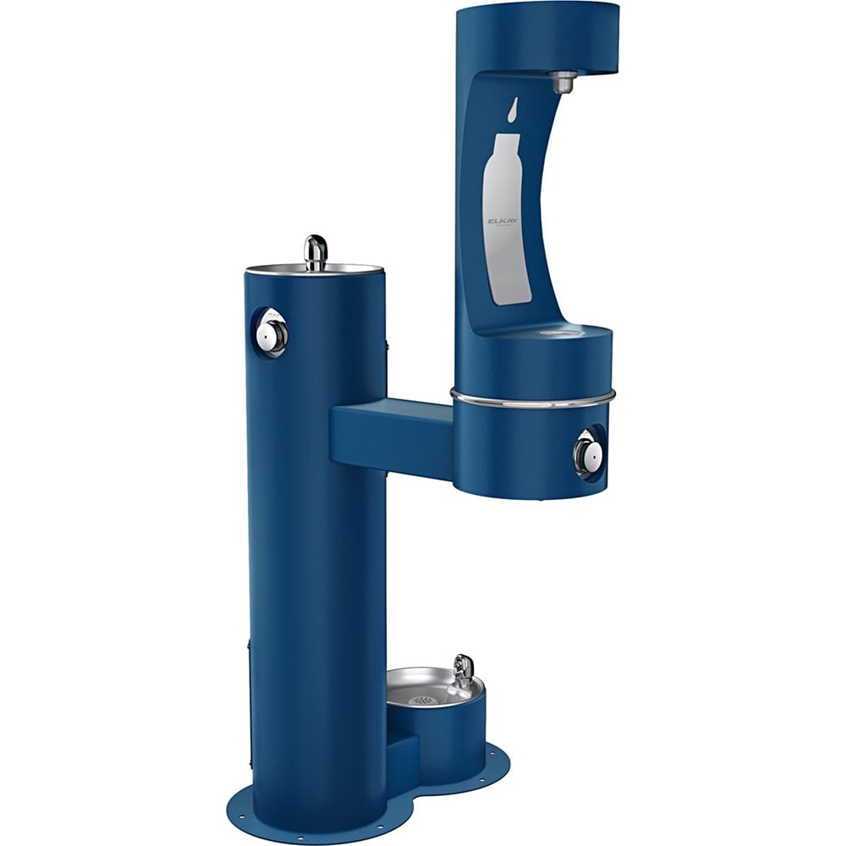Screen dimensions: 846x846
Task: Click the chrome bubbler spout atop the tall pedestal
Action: [316, 251]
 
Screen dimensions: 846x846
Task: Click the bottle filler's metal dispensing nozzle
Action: [563, 82]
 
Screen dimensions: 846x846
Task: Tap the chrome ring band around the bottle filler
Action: [533, 398]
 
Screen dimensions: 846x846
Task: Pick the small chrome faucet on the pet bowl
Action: [463, 670]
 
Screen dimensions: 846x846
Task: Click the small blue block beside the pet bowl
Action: [401, 755]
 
